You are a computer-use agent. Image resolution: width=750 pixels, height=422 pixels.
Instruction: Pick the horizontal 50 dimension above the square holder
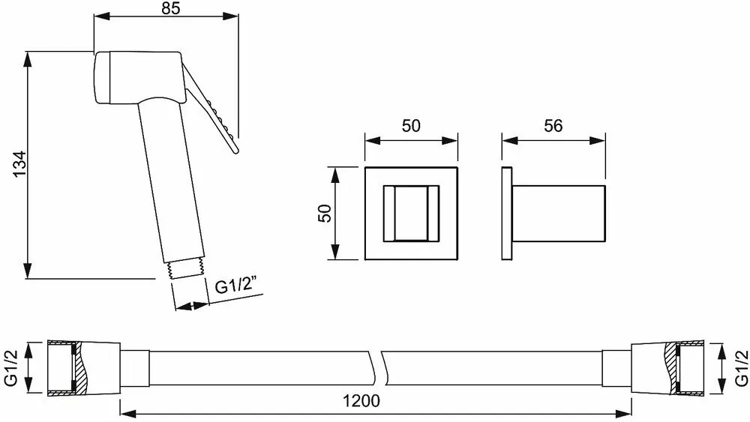pyautogui.click(x=410, y=126)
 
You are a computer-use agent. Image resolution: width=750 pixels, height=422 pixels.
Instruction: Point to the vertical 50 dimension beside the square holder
pyautogui.click(x=325, y=213)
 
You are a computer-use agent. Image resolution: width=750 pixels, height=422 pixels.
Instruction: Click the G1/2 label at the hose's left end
pyautogui.click(x=10, y=367)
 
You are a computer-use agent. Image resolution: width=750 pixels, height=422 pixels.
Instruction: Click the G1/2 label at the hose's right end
pyautogui.click(x=740, y=367)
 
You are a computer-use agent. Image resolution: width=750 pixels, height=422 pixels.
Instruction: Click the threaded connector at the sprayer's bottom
pyautogui.click(x=187, y=269)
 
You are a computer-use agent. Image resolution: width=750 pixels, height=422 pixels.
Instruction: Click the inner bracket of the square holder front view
pyautogui.click(x=410, y=213)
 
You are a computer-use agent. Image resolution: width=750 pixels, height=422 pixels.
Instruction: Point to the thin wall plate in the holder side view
pyautogui.click(x=507, y=213)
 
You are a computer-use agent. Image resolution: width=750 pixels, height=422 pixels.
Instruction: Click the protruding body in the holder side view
pyautogui.click(x=558, y=213)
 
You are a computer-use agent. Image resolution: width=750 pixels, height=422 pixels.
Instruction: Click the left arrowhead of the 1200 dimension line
pyautogui.click(x=126, y=412)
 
